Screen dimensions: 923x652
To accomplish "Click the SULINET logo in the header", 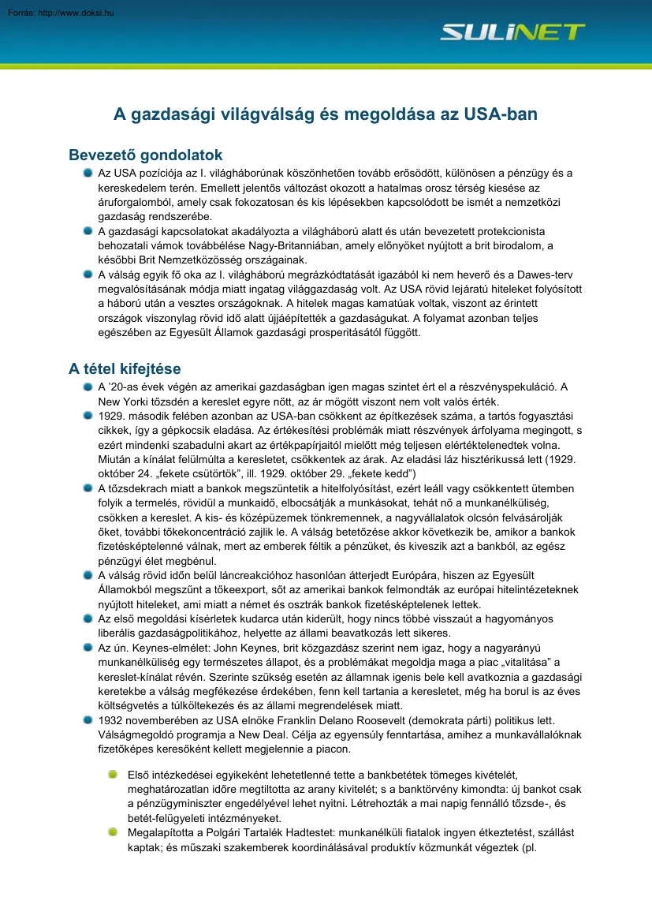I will coord(512,32).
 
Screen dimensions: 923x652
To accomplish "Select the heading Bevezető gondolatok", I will coord(146,155).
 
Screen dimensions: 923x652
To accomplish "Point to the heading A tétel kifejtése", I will coord(125,368).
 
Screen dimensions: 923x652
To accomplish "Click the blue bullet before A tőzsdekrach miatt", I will coord(88,489).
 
